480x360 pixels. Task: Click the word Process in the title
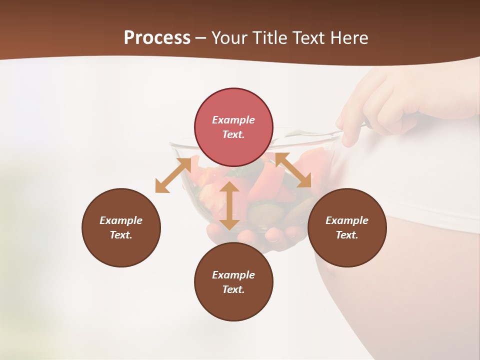pos(157,38)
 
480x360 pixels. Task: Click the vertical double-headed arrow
pos(229,206)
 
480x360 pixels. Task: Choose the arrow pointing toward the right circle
pos(293,170)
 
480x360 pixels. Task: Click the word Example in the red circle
pos(233,120)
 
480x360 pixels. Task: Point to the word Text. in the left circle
pos(121,235)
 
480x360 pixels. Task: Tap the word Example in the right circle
pos(346,220)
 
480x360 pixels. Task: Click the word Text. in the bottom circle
pos(233,289)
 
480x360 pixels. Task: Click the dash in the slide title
pos(201,38)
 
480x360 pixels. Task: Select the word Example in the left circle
pos(121,220)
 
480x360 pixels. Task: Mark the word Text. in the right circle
pos(346,235)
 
